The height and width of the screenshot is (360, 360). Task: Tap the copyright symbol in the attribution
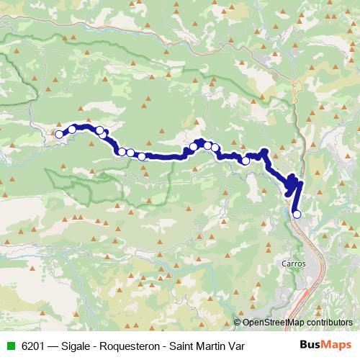pos(238,323)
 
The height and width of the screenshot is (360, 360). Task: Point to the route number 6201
pos(31,346)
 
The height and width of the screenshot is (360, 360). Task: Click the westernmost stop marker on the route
pos(59,134)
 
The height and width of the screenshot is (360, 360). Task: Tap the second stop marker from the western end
pos(73,130)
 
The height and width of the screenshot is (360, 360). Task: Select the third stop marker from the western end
pos(99,130)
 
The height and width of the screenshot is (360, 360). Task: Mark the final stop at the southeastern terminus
pos(297,213)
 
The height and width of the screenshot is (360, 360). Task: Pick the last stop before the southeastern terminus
pos(246,161)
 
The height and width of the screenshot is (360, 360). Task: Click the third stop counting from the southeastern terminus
pos(215,148)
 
